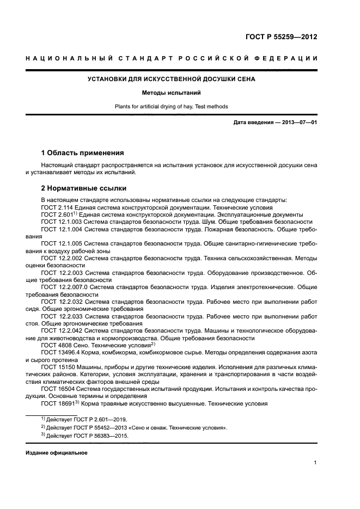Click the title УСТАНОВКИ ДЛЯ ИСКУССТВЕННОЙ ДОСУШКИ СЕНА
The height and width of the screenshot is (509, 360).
click(x=172, y=79)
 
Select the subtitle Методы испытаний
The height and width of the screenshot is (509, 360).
click(x=172, y=93)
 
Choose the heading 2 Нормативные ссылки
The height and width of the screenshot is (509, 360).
click(x=84, y=188)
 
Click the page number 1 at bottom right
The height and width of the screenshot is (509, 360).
click(x=315, y=463)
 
